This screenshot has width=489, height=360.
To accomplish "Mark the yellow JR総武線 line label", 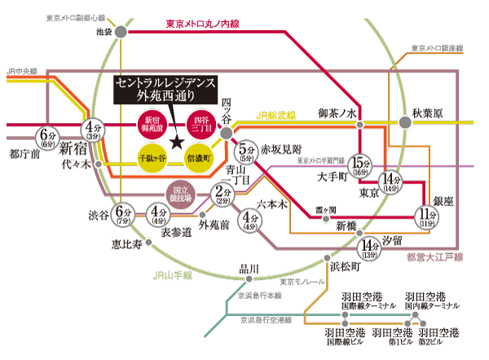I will [x=280, y=117].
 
